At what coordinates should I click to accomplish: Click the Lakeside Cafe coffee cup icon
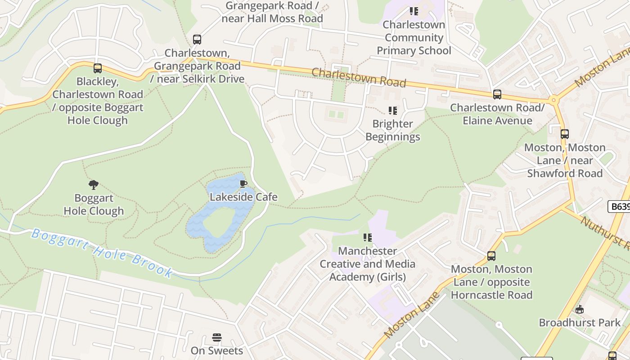coord(243,184)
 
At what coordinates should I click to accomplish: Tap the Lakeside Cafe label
coord(243,197)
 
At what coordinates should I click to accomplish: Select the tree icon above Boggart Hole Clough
coord(94,185)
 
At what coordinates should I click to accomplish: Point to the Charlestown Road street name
coord(359,77)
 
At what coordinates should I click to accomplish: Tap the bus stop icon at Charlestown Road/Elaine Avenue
coord(497,94)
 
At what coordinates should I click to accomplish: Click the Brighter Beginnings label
coord(393,130)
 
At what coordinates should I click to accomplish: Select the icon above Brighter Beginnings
coord(393,110)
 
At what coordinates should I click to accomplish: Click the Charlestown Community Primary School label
coord(414,37)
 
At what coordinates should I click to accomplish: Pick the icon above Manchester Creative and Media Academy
coord(368,237)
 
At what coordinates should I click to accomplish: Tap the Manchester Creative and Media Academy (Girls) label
coord(368,264)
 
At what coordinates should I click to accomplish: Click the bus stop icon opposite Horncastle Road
coord(491,256)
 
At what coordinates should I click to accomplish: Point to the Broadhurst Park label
coord(580,323)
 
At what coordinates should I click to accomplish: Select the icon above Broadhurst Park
coord(580,310)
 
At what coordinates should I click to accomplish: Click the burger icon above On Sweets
coord(217,337)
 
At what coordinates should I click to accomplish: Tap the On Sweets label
coord(217,351)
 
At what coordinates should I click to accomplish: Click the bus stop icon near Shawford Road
coord(565,134)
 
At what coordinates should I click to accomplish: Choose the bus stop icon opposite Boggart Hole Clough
coord(98,68)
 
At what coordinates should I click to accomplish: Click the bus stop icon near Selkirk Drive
coord(197,40)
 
